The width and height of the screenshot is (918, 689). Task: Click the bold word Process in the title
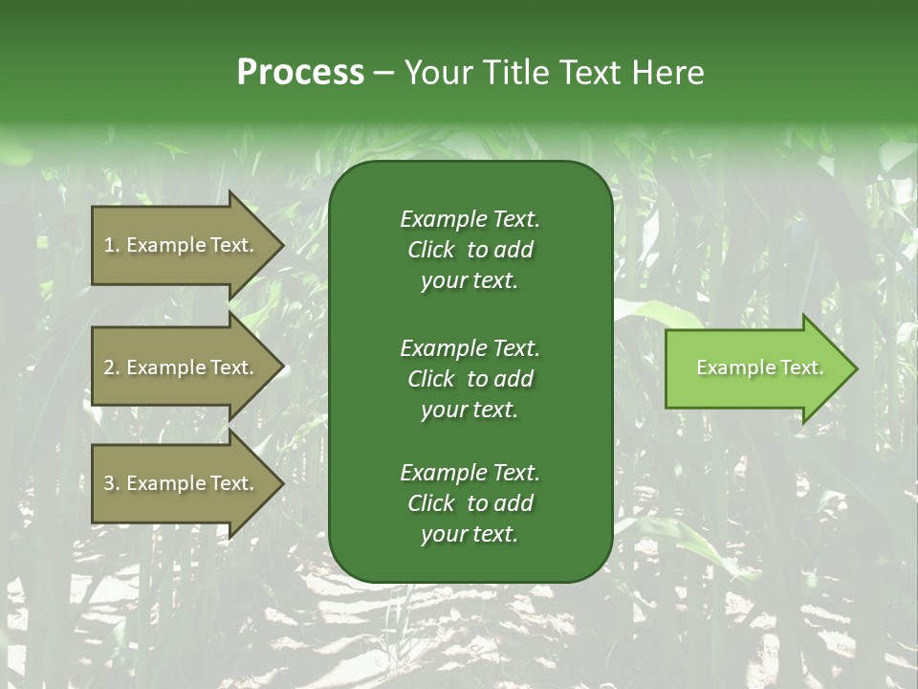click(x=300, y=73)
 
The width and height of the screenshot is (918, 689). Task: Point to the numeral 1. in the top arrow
click(x=112, y=245)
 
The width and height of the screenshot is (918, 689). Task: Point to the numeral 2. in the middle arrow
click(x=112, y=367)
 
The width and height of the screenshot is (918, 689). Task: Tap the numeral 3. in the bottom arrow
click(x=112, y=483)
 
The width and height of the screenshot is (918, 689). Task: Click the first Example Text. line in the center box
click(x=470, y=219)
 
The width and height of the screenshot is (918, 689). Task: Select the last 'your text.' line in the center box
click(x=470, y=534)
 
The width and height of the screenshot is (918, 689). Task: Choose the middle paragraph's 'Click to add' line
click(x=470, y=379)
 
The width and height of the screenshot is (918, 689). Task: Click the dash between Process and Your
click(x=383, y=74)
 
